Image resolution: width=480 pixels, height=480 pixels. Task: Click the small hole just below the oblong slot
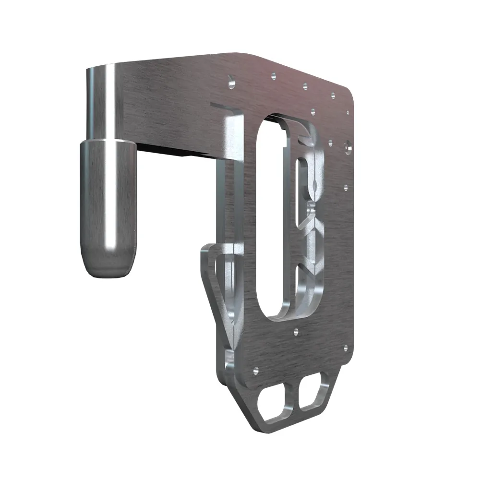[296, 331]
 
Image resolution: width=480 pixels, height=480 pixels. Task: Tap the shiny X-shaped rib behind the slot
[312, 226]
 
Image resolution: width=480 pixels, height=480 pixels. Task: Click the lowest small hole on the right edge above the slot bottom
[345, 187]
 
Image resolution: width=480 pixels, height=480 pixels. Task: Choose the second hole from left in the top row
[273, 75]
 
